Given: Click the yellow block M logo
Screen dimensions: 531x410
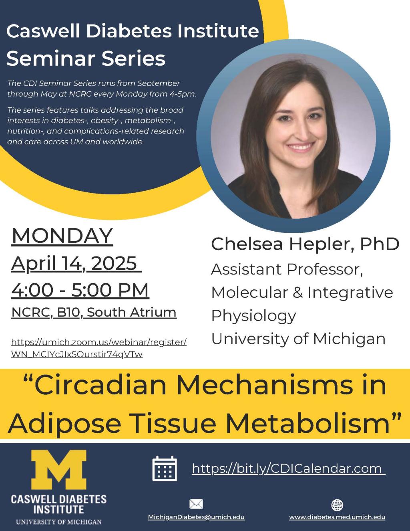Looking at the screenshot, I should [x=58, y=470].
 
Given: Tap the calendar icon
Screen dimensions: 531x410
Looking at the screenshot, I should [x=165, y=468].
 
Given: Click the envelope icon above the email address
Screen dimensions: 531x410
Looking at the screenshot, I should [x=196, y=504].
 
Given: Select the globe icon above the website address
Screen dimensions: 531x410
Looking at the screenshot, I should [x=337, y=505].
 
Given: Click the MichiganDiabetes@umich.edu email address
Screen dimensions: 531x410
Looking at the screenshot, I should [x=196, y=517].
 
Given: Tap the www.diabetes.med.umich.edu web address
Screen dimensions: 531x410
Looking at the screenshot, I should [x=337, y=517].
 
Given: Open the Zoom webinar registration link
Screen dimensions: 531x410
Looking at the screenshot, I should [x=99, y=348].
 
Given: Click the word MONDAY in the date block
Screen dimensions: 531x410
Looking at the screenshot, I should [x=62, y=236].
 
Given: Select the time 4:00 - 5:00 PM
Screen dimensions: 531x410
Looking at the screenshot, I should [x=80, y=290].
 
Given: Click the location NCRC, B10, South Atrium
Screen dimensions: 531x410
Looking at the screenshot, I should [x=94, y=312].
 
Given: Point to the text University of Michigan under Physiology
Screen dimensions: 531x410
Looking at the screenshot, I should [x=298, y=339].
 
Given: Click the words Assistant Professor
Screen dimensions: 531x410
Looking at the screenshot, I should [x=287, y=269].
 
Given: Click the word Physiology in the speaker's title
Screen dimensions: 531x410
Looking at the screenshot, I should [x=253, y=316].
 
